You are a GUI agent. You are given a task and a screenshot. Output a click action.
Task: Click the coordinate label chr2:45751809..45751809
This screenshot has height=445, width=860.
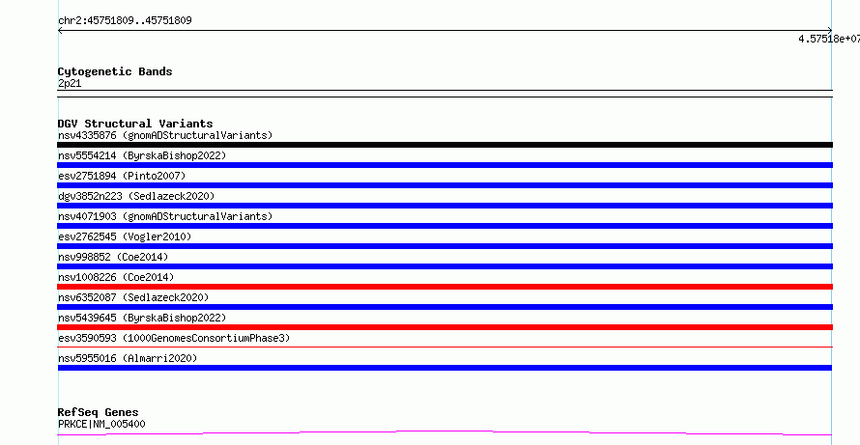point(125,21)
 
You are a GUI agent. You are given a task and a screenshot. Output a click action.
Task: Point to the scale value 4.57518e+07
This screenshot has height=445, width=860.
point(829,39)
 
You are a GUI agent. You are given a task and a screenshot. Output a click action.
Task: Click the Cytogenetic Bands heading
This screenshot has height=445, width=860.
point(115,71)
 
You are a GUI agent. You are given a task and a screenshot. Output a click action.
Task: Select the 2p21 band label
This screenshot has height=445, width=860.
point(70,84)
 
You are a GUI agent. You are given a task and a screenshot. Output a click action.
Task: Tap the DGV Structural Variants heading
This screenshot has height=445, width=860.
point(135,124)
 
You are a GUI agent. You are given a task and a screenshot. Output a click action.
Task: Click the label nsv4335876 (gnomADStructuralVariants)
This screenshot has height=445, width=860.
point(165,135)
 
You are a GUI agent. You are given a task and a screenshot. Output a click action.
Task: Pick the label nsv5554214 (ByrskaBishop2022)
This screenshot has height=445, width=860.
point(142,155)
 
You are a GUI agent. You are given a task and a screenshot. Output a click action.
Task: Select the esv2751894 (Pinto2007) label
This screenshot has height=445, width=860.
point(122,176)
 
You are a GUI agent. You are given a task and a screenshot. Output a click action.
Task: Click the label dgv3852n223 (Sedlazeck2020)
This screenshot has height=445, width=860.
point(136,196)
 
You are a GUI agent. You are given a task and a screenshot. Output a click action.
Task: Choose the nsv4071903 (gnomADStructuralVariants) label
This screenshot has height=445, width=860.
point(165,216)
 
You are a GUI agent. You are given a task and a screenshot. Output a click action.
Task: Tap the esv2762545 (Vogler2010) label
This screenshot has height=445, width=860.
point(125,236)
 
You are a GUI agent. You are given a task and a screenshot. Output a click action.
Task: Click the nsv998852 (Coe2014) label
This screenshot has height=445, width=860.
point(113,257)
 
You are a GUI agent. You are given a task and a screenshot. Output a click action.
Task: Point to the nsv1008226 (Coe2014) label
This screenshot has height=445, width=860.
point(116,277)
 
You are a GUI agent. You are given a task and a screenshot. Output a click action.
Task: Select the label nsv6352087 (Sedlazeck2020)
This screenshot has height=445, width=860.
point(133,297)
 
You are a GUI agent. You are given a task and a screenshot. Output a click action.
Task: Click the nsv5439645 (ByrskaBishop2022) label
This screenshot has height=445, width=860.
point(142,318)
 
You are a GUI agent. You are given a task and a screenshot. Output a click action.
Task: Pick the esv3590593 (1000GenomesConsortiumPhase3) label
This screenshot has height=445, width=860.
point(174,338)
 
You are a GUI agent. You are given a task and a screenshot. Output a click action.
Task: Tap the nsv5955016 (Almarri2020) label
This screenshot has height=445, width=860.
point(128,358)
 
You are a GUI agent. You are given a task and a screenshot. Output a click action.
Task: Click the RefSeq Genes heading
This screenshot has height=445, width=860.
point(98,412)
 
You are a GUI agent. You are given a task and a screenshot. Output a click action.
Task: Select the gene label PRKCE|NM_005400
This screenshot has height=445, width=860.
point(101,424)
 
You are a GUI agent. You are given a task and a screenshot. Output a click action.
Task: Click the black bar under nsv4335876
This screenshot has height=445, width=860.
point(444,145)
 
